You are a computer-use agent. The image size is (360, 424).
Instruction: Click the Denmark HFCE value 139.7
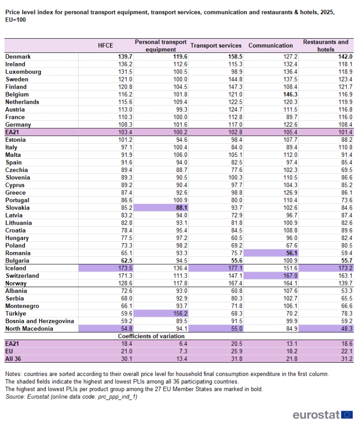coord(125,57)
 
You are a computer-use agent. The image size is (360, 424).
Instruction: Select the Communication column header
coord(271,45)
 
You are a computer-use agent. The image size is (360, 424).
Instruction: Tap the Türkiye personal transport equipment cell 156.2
coord(180,313)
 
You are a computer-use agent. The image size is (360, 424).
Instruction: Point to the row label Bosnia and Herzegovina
coord(40,321)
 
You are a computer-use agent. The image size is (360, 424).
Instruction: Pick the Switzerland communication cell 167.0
coord(290,276)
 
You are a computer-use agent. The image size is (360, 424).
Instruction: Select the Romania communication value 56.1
coord(292,253)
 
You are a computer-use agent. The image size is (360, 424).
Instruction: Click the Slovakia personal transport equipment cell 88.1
coord(182,208)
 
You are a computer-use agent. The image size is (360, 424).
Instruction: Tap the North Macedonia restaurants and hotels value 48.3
coord(347,328)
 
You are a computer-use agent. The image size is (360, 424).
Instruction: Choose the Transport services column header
coord(216,45)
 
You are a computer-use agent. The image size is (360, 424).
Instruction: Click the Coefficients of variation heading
coord(151,336)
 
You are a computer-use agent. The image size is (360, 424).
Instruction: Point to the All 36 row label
coord(13,359)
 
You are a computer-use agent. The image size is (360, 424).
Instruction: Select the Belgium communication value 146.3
coord(290,94)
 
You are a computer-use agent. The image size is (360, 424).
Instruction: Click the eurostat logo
coord(323,415)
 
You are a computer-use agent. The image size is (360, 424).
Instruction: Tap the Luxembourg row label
coord(23,72)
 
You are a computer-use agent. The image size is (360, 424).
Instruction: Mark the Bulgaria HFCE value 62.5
coord(127,261)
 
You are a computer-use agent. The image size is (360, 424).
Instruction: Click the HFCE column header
coord(105,45)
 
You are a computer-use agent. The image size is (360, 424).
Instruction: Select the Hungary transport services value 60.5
coord(237,238)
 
